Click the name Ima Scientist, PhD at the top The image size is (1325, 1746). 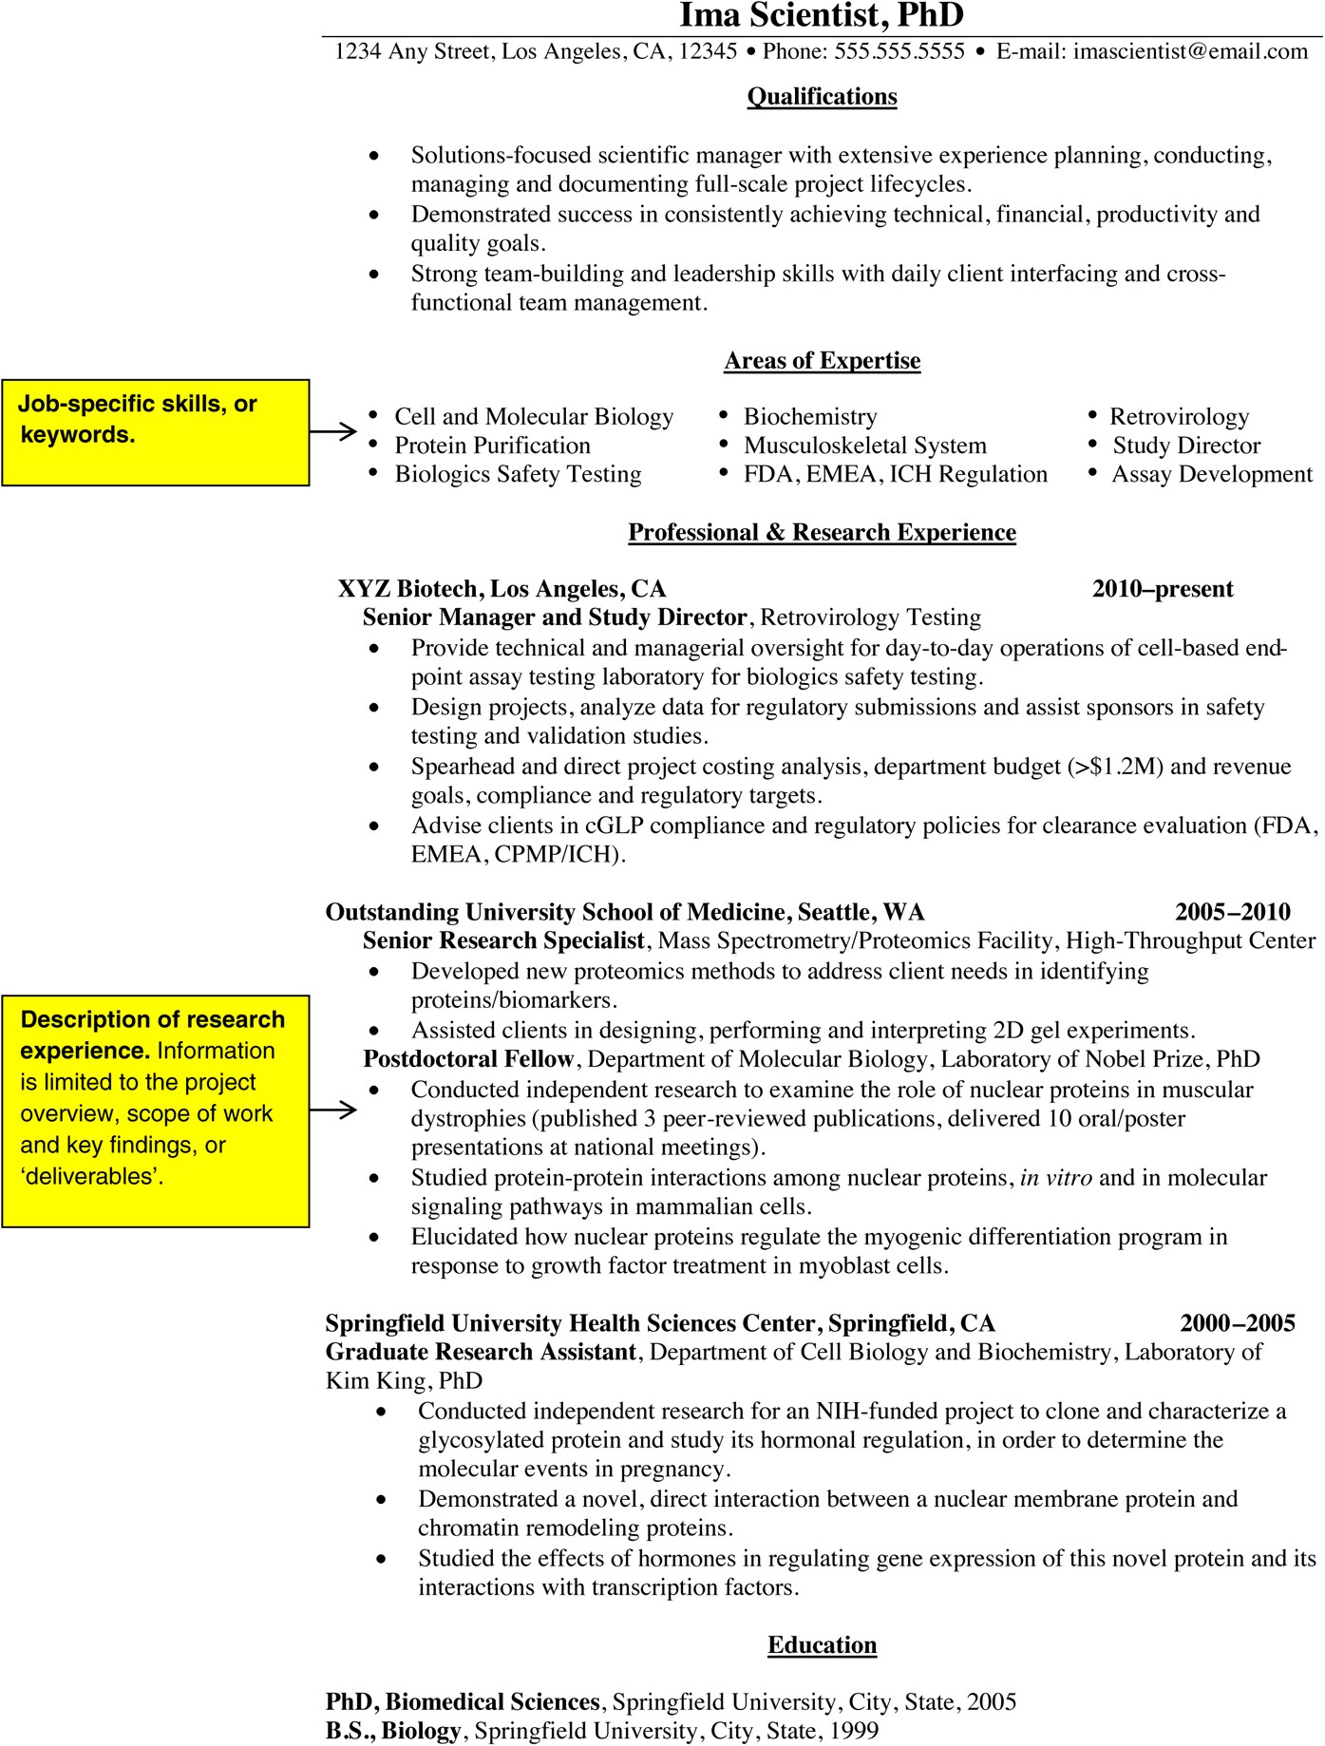(x=822, y=15)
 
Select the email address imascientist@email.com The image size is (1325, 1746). (x=1190, y=51)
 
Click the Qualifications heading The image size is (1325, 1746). (x=822, y=97)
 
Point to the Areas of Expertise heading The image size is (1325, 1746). (x=822, y=361)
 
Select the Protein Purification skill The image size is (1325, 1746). (x=492, y=446)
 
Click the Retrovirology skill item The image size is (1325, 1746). (x=1179, y=417)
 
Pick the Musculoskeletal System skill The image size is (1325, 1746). (x=864, y=446)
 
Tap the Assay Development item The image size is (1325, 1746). (x=1212, y=474)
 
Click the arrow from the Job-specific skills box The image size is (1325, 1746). (x=333, y=432)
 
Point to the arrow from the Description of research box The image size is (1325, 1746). (x=333, y=1110)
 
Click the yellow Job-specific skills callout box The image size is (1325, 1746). (x=156, y=432)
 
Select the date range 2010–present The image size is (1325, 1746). (x=1163, y=589)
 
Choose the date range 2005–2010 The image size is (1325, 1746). (x=1232, y=912)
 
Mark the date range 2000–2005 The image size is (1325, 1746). (x=1237, y=1323)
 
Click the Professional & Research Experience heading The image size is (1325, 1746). (x=822, y=533)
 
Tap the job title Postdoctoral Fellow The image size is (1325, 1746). (x=468, y=1059)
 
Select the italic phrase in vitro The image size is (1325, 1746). (x=1055, y=1178)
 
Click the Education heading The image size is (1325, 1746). (x=822, y=1645)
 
